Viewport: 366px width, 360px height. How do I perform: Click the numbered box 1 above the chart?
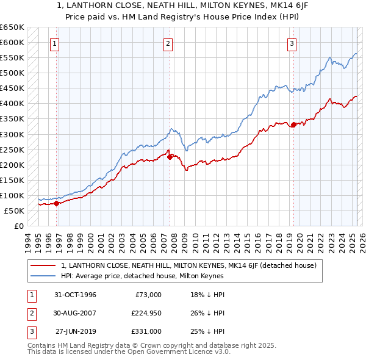(55, 43)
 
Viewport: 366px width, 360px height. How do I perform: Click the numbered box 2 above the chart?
(168, 43)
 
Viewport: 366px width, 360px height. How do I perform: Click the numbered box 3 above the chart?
(292, 43)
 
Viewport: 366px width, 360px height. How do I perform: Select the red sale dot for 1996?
(57, 203)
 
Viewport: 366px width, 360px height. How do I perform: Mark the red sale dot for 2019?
(293, 124)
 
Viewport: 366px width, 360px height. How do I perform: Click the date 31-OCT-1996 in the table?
(75, 295)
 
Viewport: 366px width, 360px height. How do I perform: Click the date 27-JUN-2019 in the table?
(76, 331)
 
